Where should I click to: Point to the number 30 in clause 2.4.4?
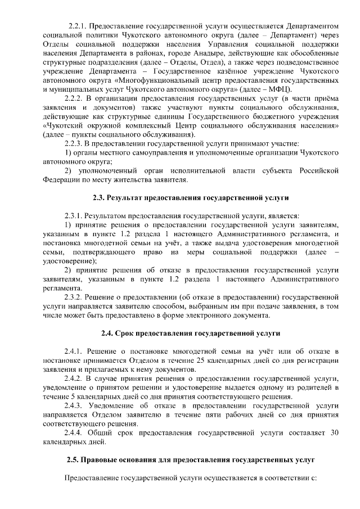(x=334, y=433)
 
